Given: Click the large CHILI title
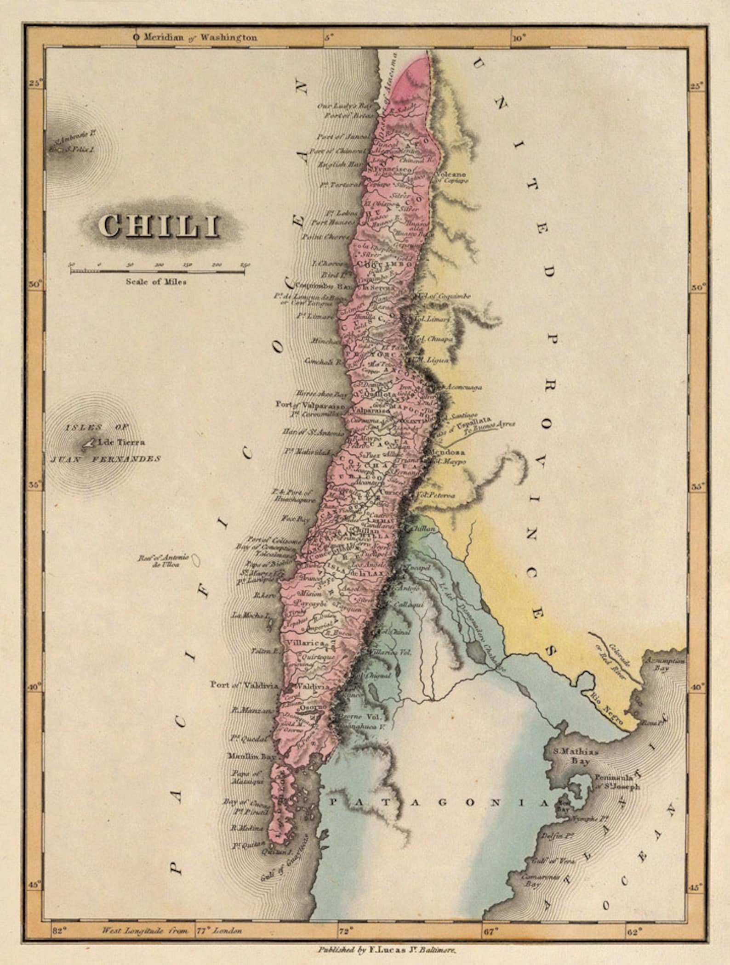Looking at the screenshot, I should click(x=159, y=226).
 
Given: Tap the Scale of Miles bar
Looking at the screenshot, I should click(x=156, y=271).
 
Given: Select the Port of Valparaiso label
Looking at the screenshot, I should click(x=310, y=405).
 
